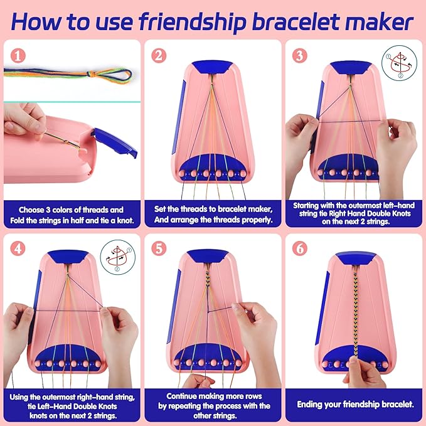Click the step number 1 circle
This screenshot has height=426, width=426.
coord(17,55)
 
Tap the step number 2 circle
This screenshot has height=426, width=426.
coord(159,55)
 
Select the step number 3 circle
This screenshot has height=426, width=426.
coord(300,55)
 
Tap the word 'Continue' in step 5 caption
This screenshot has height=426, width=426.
coord(185,396)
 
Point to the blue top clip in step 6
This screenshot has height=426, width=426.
coord(354,257)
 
